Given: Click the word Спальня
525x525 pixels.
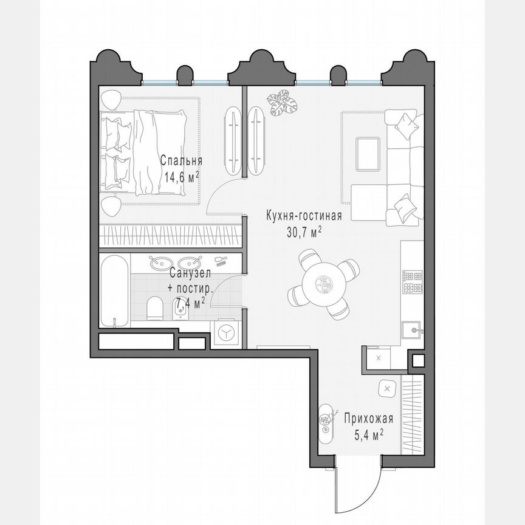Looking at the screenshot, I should (181, 161).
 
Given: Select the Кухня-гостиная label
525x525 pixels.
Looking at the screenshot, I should (304, 216).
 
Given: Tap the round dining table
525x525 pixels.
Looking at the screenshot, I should (323, 283).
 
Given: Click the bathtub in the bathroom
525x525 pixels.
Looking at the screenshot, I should (114, 290).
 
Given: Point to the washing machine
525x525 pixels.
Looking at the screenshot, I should (225, 333).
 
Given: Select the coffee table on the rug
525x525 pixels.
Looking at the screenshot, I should (368, 154).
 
